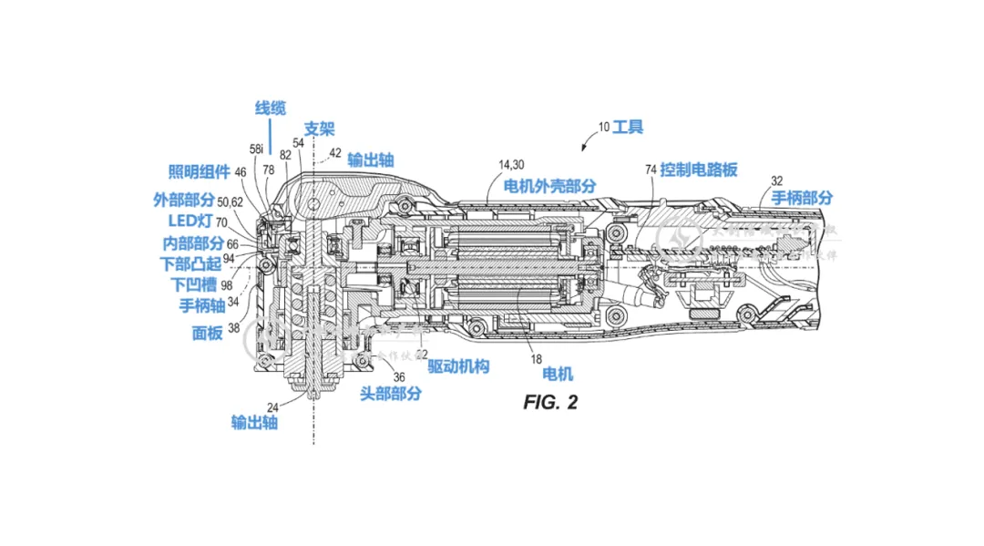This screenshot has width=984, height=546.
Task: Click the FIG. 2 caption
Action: [550, 402]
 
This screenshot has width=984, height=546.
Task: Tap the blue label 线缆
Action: [270, 108]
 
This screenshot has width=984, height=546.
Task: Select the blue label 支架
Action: [320, 129]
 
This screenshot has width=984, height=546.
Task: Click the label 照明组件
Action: [193, 171]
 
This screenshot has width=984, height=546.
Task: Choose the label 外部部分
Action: [183, 199]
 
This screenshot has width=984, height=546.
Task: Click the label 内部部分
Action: [192, 243]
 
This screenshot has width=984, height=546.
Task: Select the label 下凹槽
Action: [194, 284]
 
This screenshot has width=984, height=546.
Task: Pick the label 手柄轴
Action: [197, 304]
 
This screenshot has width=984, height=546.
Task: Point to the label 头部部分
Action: [391, 393]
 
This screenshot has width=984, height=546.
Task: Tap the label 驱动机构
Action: [459, 366]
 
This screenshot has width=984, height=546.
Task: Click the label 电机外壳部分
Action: [553, 185]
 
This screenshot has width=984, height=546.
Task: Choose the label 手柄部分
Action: [802, 198]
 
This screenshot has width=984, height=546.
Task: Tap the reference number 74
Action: [651, 170]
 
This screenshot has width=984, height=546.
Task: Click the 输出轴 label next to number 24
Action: [254, 421]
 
